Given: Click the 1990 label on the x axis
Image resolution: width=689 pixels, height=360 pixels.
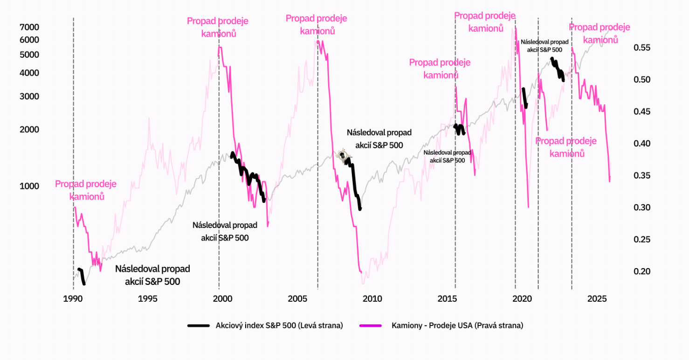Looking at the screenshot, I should (x=73, y=298).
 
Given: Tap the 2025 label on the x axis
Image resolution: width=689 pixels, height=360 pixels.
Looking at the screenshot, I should (x=597, y=298).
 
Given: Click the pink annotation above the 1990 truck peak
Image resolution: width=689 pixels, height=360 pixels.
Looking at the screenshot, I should (x=86, y=190).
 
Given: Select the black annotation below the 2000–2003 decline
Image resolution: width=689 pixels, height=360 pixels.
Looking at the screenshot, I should (x=225, y=231).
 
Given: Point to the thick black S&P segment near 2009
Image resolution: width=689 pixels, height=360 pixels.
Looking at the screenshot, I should (x=355, y=191).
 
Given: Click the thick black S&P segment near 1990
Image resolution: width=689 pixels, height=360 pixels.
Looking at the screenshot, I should (x=82, y=276).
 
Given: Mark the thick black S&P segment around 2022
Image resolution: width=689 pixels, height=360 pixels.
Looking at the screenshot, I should (x=558, y=69).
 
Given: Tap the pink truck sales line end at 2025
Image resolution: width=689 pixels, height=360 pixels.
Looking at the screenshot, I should (x=610, y=180).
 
